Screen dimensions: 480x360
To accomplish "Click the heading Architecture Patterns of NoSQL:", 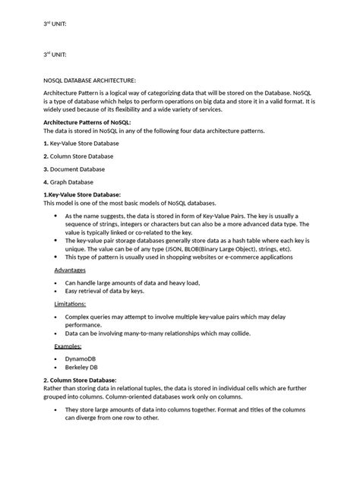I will pyautogui.click(x=87, y=122).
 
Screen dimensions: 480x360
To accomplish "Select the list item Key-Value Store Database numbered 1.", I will pyautogui.click(x=81, y=143).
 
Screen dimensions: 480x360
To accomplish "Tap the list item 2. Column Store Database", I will pyautogui.click(x=78, y=156).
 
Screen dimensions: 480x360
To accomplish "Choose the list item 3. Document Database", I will pyautogui.click(x=74, y=169).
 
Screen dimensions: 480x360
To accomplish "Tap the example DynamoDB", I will pyautogui.click(x=81, y=358).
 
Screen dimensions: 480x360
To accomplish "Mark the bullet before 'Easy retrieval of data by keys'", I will pyautogui.click(x=56, y=291).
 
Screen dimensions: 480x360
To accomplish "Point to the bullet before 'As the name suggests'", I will pyautogui.click(x=56, y=216).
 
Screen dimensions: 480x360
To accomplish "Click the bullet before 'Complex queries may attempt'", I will pyautogui.click(x=56, y=316).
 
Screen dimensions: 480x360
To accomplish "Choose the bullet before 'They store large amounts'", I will pyautogui.click(x=56, y=409).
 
